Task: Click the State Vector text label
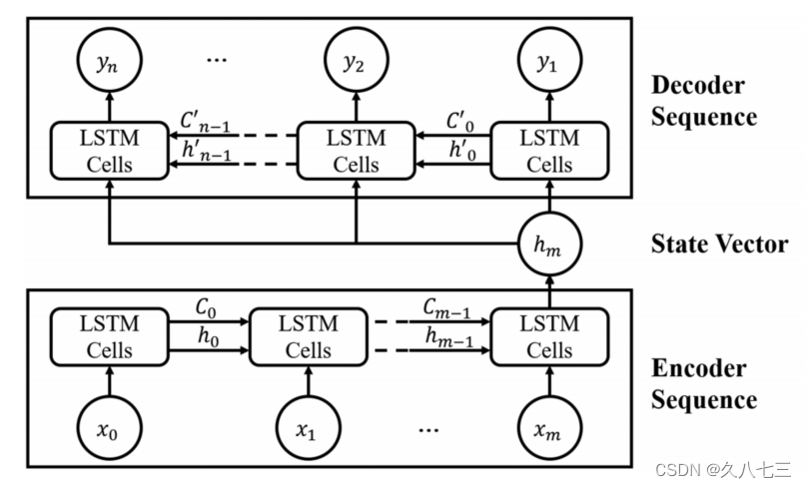717,244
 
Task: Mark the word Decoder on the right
696,84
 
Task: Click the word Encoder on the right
696,368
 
